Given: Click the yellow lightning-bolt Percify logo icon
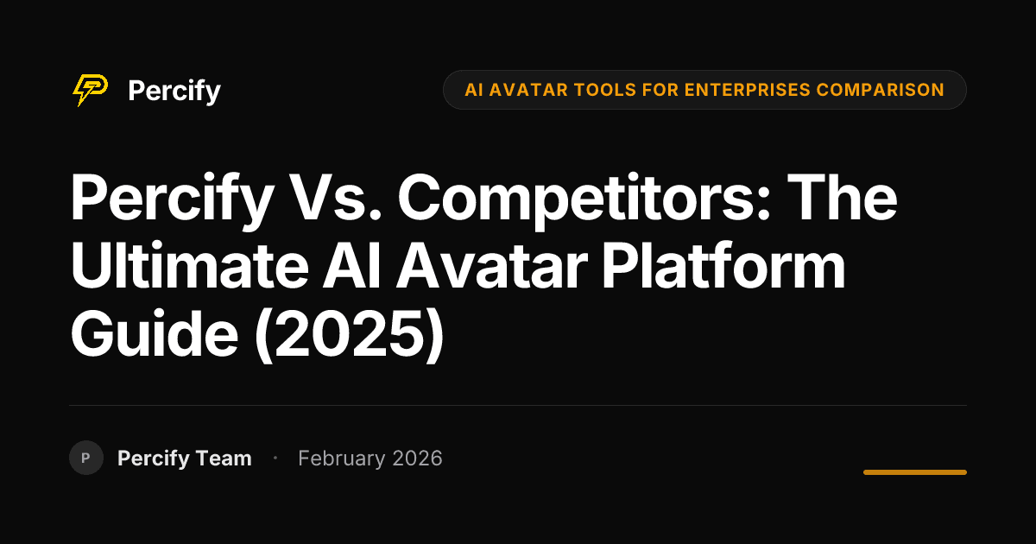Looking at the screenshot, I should pos(90,90).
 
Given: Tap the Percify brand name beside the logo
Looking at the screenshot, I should pos(174,91).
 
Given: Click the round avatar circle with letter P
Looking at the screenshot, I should pos(86,458).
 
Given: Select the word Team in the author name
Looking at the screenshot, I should pos(223,459).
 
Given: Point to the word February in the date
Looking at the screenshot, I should pos(341,459).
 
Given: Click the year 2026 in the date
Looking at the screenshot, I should pos(417,459).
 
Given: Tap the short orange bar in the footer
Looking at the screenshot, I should pos(914,472).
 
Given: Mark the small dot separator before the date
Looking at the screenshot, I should pos(275,458).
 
